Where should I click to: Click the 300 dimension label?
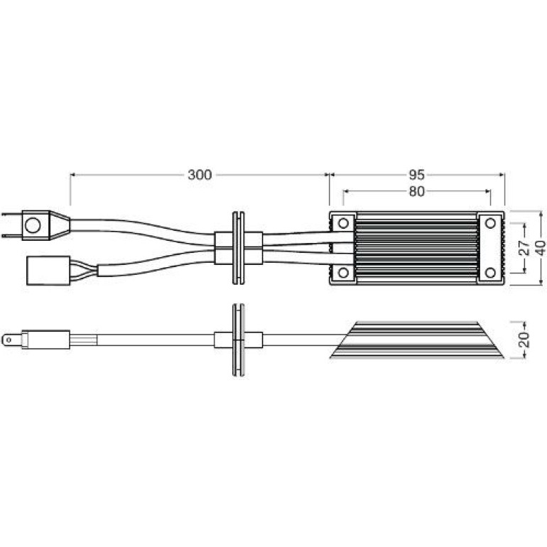(x=200, y=175)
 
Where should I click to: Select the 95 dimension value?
(x=416, y=175)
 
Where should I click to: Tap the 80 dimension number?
(x=416, y=192)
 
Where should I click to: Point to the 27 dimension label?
(x=524, y=247)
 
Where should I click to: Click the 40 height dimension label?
(x=541, y=248)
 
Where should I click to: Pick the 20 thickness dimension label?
(x=524, y=340)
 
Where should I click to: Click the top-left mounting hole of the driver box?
(x=343, y=223)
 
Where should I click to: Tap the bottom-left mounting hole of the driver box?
(x=343, y=273)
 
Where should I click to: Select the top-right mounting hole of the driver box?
(x=490, y=223)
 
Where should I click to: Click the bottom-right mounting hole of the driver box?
(x=490, y=273)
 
